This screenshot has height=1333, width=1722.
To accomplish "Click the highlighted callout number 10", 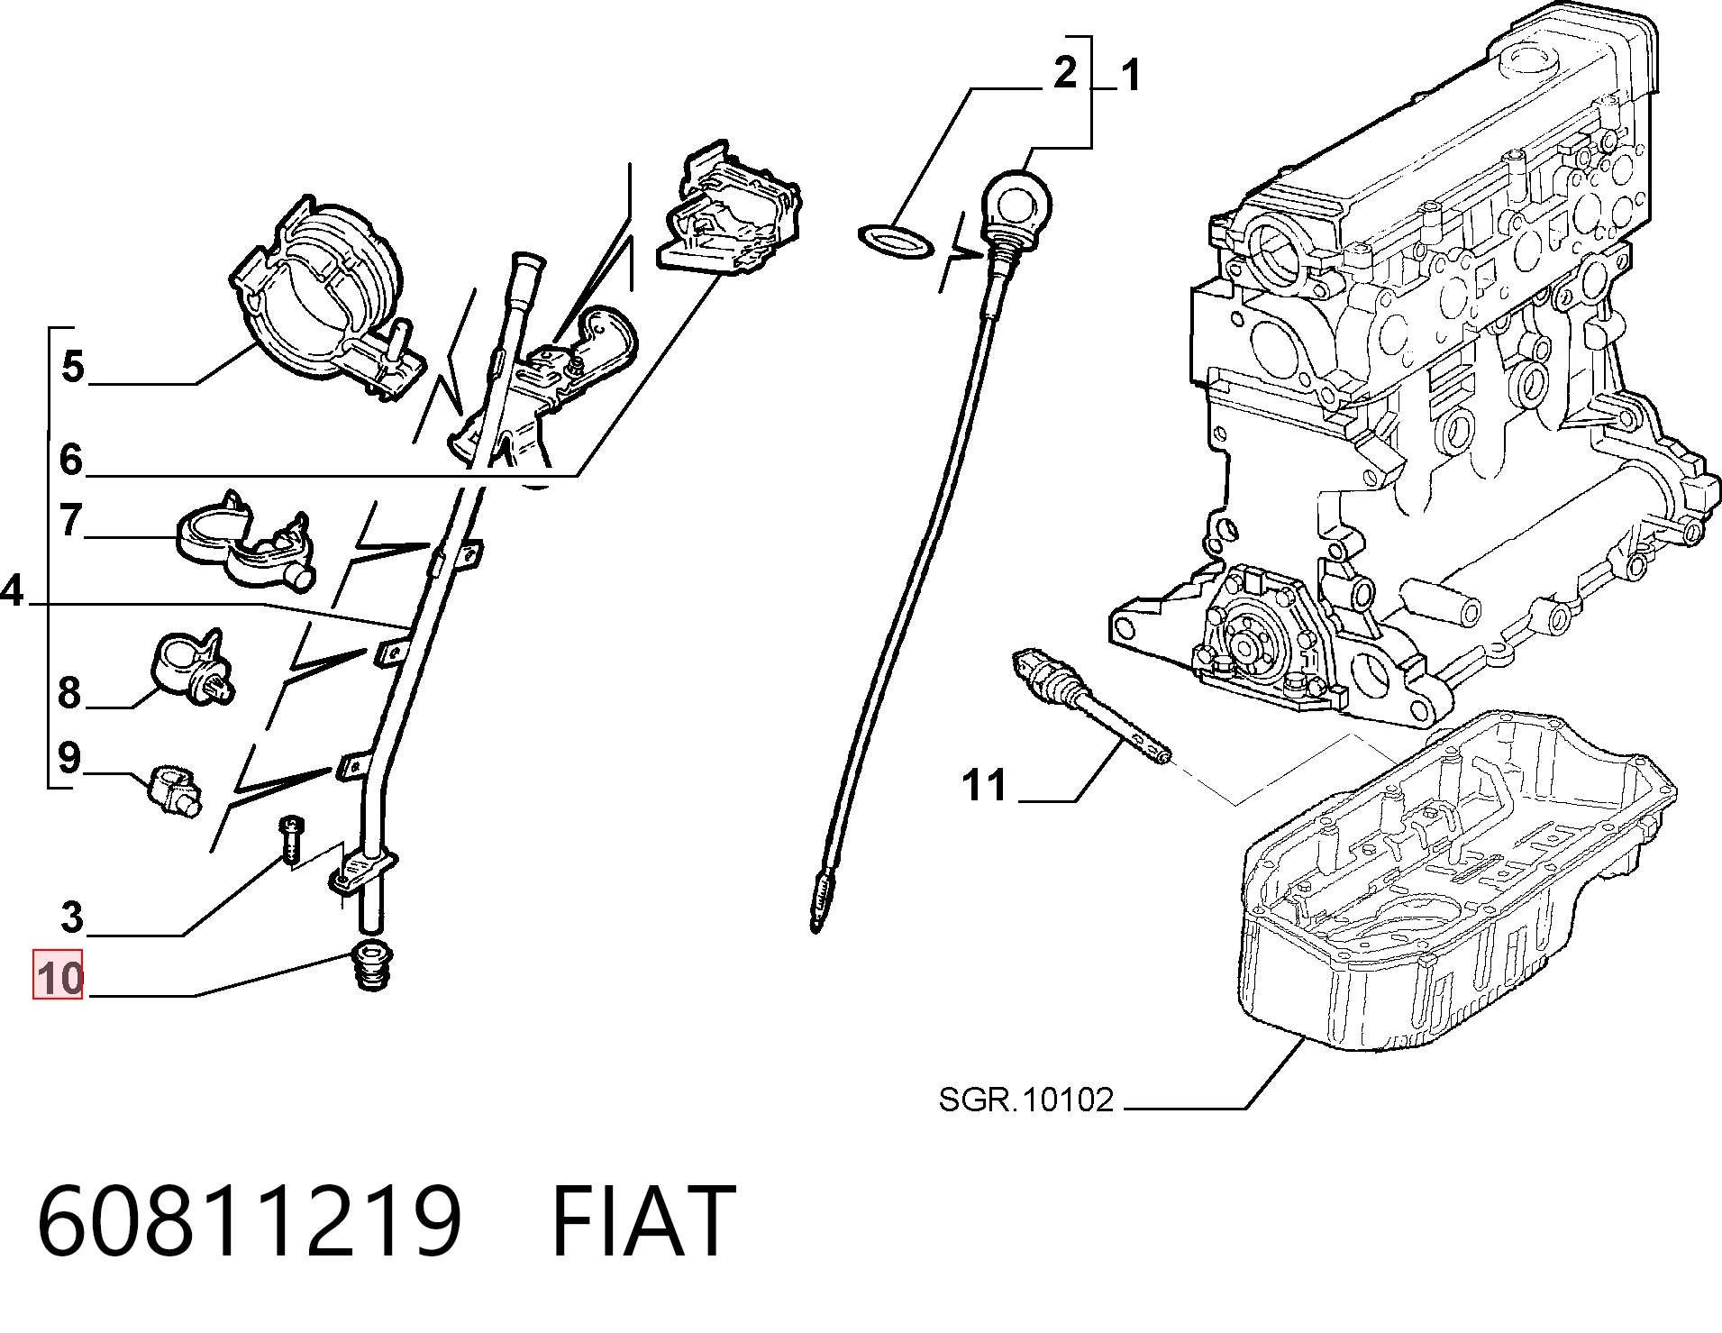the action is coord(59,976).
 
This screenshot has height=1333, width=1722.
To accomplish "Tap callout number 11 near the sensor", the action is coord(984,784).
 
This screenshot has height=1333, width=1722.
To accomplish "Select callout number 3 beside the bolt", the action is coord(72,918).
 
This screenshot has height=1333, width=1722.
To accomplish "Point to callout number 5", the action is coord(74,368).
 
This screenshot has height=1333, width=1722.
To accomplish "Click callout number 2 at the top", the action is coord(1065,71).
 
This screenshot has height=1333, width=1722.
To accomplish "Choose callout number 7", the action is coord(71,520).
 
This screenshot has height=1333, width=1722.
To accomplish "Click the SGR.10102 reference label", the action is coord(1026,1100).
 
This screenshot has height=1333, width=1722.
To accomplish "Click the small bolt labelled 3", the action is coord(290,838).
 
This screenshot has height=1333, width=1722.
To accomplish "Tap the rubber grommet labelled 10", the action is coord(370,965).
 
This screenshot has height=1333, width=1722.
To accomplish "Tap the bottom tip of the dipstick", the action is coord(815,927).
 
